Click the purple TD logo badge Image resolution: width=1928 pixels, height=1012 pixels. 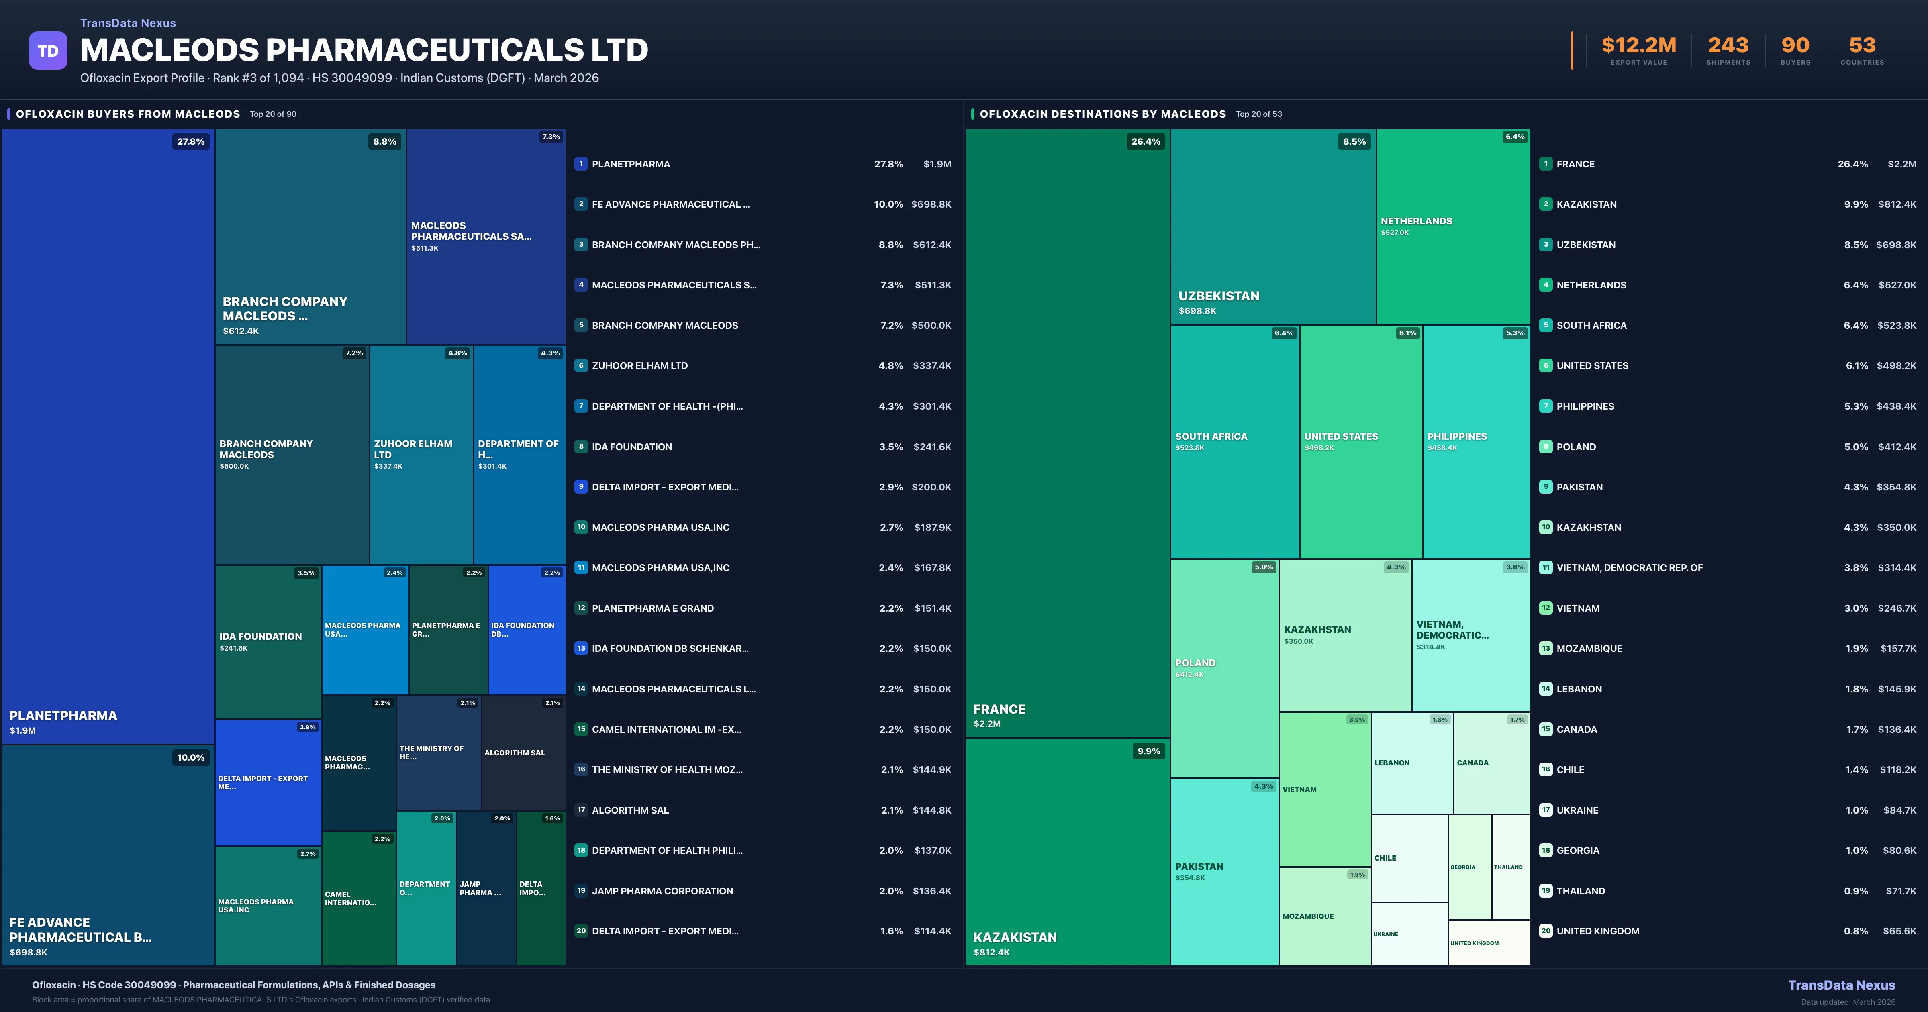point(48,51)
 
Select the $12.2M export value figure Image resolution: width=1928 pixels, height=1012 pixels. point(1638,46)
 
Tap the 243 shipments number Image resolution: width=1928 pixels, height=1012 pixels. point(1728,46)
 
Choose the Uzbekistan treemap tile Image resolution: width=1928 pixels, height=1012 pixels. point(1272,227)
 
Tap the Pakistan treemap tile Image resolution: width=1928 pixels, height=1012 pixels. point(1224,871)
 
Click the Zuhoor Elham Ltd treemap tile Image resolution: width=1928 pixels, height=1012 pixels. point(421,454)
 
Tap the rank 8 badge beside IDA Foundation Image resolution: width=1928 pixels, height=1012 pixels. point(581,447)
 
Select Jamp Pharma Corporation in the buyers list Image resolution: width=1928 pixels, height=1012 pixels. point(662,891)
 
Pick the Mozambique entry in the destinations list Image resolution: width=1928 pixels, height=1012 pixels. point(1589,648)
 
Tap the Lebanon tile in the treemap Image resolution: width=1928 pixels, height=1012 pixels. point(1411,763)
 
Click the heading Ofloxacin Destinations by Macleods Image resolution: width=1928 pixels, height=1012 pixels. point(1103,114)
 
